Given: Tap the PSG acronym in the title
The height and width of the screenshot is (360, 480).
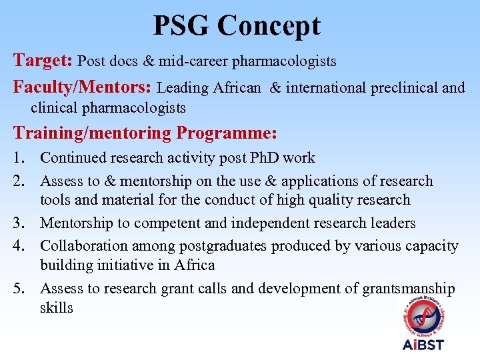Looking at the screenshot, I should click(x=181, y=26).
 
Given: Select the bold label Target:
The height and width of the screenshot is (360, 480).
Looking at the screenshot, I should click(x=43, y=61).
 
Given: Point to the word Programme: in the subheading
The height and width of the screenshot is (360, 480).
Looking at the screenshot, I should click(x=227, y=133).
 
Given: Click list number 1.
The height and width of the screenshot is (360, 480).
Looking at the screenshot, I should click(x=21, y=158).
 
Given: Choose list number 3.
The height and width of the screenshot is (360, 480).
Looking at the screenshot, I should click(x=21, y=223).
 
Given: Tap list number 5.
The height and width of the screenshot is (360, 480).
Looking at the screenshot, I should click(x=21, y=289).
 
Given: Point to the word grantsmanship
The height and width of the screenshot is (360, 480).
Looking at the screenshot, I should click(x=409, y=289).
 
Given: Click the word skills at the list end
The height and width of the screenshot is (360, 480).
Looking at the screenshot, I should click(x=56, y=308).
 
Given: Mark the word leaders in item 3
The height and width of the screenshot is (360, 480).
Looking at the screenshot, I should click(x=391, y=223).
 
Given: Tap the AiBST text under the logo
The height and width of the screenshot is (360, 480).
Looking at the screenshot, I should click(x=423, y=345).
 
